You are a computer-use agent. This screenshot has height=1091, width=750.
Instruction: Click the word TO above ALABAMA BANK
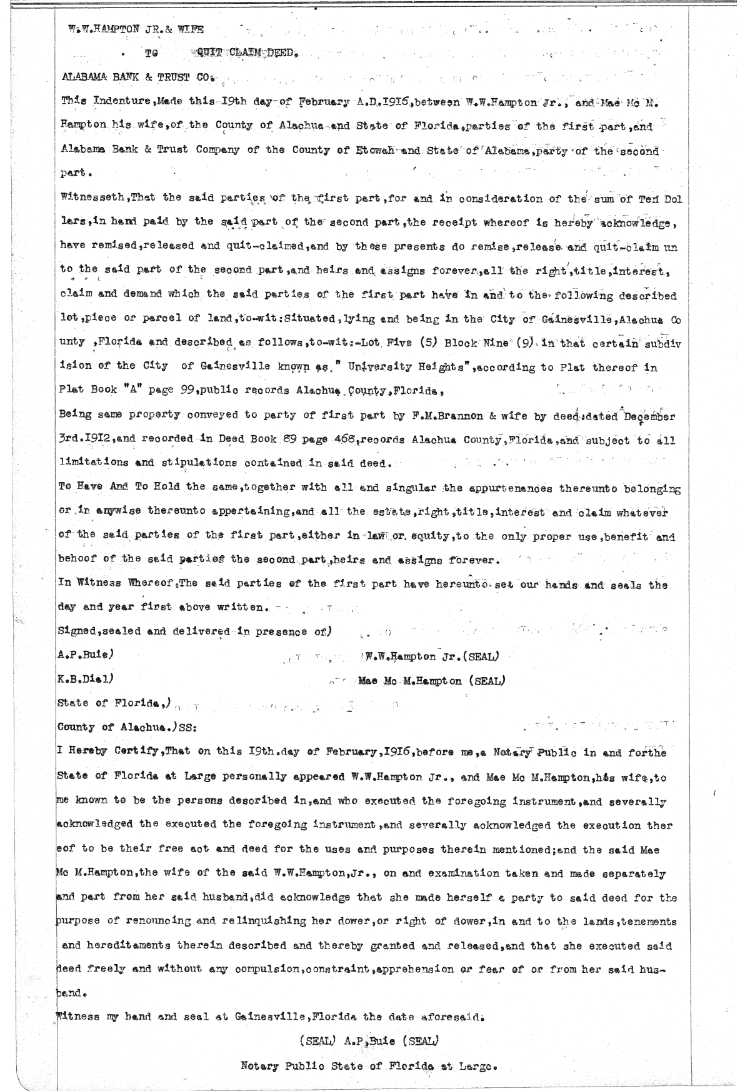coord(151,54)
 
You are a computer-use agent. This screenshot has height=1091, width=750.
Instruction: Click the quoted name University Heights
coord(407,368)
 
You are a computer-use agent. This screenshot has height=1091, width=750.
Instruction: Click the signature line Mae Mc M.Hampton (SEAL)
coord(432,680)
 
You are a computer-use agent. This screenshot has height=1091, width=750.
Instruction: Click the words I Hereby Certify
coord(108,752)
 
